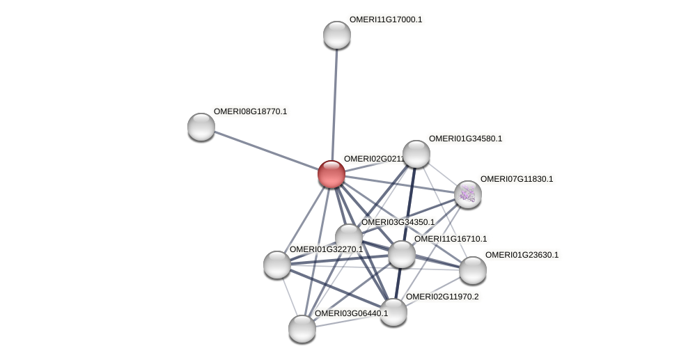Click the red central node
pos(331,174)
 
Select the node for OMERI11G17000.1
pos(337,35)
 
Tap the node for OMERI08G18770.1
pos(201,127)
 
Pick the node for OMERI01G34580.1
pos(416,154)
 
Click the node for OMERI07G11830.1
pos(467,194)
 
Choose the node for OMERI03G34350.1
pos(349,237)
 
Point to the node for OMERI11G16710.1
pos(402,254)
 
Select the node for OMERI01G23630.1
pos(472,270)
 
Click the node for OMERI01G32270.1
pos(277,265)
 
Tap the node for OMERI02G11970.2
pos(393,312)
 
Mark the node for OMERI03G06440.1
pos(302,329)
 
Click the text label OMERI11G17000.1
pos(386,19)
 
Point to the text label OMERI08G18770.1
pos(250,111)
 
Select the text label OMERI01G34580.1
pos(465,139)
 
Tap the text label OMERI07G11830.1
pos(517,179)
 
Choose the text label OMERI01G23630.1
pos(522,255)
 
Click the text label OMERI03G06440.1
pos(351,313)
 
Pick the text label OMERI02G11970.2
pos(442,297)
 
